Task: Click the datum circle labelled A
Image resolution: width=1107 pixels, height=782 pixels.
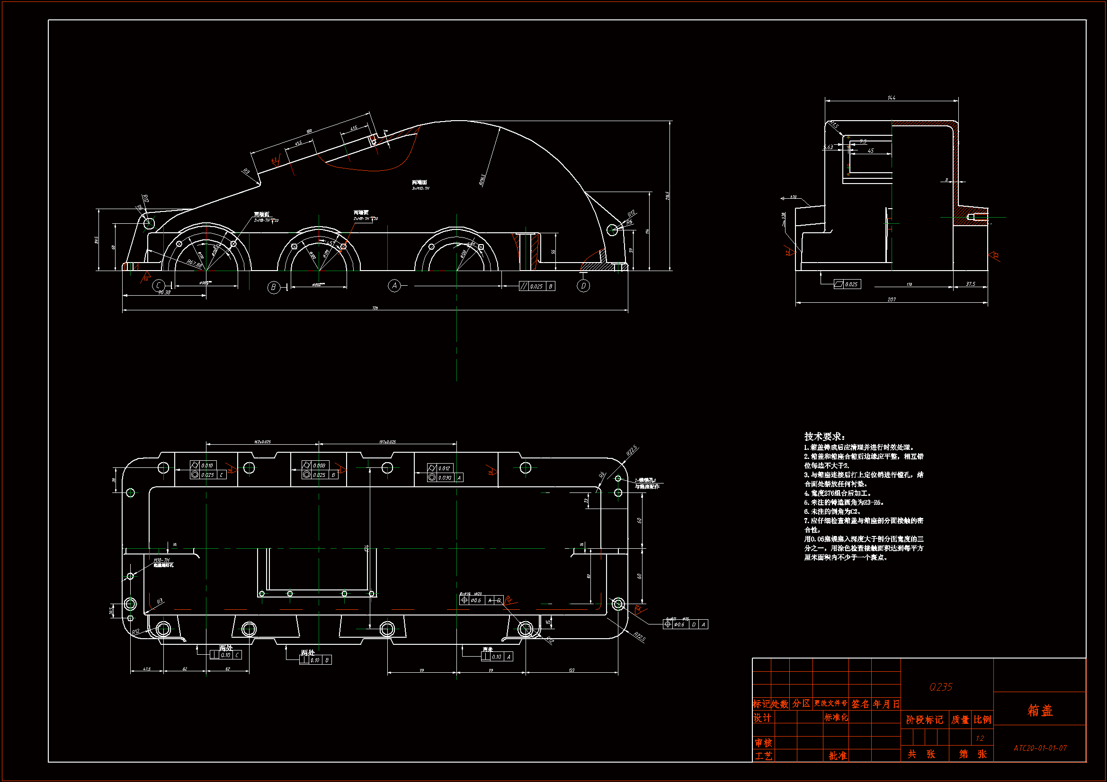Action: pos(394,286)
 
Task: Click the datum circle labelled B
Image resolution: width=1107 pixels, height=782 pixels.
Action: pos(273,287)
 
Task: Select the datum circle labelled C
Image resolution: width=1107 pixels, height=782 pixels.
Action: pos(158,286)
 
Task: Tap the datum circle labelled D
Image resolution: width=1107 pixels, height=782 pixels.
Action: pos(583,286)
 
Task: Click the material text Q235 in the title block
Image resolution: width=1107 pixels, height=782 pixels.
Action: pos(941,687)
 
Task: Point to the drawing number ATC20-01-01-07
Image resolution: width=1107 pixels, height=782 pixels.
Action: pos(1040,748)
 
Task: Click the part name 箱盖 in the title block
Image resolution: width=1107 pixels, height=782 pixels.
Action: pos(1040,710)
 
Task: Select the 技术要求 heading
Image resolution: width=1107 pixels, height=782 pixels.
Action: pos(824,437)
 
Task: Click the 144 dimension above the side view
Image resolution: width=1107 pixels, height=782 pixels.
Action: pos(892,98)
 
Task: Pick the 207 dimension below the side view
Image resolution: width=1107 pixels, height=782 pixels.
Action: pos(892,299)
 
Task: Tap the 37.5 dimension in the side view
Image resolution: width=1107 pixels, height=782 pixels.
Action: pos(971,284)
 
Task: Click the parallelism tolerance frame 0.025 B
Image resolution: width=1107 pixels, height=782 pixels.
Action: pos(537,286)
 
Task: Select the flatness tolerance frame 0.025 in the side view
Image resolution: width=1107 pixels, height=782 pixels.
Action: pos(848,284)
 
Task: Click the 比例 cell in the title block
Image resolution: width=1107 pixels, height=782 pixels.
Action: pos(982,720)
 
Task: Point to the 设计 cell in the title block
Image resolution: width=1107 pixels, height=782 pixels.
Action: pos(762,719)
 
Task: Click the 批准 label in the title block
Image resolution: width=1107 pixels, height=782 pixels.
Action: pos(838,756)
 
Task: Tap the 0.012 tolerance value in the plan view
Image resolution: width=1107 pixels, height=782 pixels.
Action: pos(444,468)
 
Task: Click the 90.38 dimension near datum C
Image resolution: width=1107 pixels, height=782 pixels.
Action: pos(164,292)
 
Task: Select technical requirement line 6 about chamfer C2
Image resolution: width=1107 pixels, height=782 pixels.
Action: pos(832,512)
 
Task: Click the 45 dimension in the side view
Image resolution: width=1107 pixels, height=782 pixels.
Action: pos(871,151)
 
